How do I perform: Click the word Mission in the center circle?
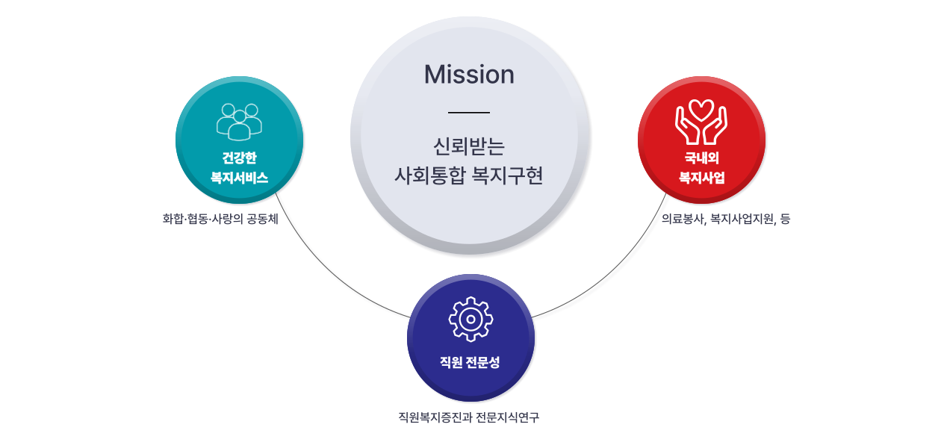[469, 75]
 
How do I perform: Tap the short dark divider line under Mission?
[469, 112]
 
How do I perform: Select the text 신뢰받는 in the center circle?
[469, 144]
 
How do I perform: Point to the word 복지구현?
[508, 177]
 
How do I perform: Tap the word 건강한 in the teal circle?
[239, 158]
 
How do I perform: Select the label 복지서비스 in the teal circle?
[239, 178]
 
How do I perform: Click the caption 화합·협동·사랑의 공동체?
[220, 219]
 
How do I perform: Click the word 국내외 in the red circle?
[701, 158]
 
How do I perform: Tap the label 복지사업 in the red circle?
[701, 178]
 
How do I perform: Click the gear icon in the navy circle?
[470, 319]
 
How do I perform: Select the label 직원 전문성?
[470, 362]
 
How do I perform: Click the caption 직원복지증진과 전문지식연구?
[469, 417]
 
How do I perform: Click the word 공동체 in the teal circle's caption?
[262, 219]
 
